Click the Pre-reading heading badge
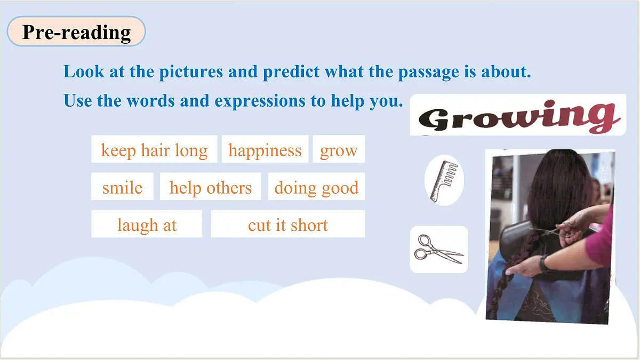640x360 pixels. [76, 32]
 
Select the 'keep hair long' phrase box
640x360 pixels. [154, 150]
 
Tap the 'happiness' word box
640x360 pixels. [265, 150]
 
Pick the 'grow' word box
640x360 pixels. [339, 150]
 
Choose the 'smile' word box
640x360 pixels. [122, 187]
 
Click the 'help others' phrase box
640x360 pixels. [210, 187]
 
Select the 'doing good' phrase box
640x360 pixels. [316, 187]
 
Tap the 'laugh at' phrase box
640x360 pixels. [147, 225]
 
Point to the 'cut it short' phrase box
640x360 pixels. [287, 225]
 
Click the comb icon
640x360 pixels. [444, 180]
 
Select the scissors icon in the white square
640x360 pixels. [438, 249]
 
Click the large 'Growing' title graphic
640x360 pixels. [517, 115]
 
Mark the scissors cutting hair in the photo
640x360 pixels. [555, 231]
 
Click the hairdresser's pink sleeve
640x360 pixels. [600, 240]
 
